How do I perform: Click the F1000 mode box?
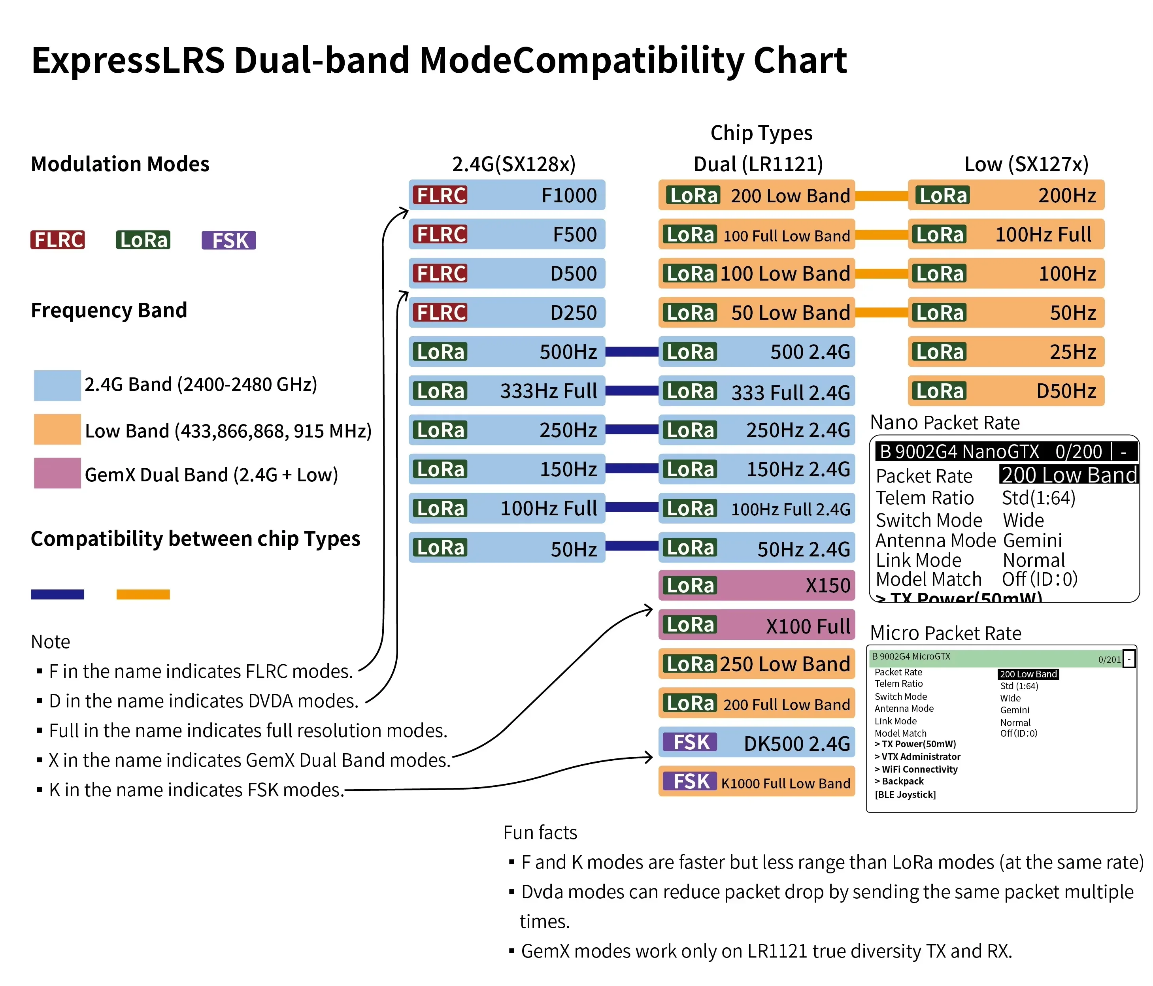(506, 195)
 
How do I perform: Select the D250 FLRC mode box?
(506, 313)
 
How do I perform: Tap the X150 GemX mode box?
(756, 585)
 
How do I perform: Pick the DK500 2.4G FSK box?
(756, 742)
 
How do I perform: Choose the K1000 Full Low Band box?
(756, 782)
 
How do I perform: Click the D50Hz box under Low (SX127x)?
(1006, 390)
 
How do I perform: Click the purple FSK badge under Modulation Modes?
(229, 240)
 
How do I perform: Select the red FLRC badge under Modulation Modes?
(57, 240)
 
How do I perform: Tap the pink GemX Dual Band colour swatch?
(57, 473)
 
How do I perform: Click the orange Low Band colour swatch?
(57, 429)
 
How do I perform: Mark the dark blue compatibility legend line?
(57, 594)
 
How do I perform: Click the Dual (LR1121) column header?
(758, 164)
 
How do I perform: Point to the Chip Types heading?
(761, 133)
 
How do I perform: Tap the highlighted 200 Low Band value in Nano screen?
(1068, 475)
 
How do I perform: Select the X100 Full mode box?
(756, 625)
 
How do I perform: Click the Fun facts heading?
(540, 832)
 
